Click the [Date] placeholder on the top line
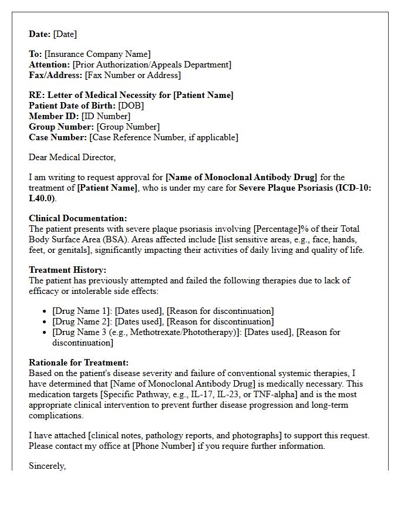pos(65,34)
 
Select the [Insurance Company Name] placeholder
pos(97,54)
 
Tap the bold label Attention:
pos(49,65)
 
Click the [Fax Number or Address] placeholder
pos(133,75)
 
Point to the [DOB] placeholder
pos(131,106)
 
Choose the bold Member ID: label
pos(54,116)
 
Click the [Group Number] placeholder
pos(128,127)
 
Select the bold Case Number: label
pos(58,137)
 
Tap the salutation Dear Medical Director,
pos(72,157)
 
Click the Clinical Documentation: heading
pos(78,218)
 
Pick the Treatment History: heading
pos(68,270)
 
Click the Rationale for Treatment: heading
pos(79,363)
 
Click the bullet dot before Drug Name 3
pos(46,332)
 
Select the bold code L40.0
pos(42,198)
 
